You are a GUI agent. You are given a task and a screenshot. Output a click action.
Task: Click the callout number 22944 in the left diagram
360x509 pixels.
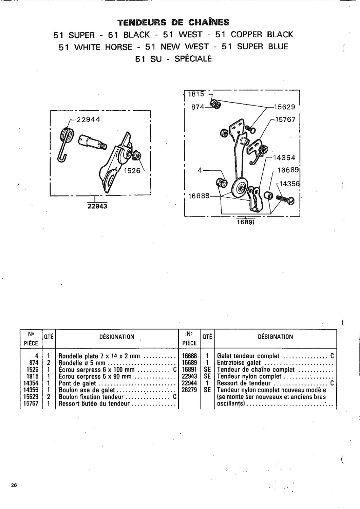pyautogui.click(x=89, y=119)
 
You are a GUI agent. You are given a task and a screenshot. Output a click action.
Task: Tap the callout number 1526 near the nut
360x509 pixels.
pyautogui.click(x=132, y=170)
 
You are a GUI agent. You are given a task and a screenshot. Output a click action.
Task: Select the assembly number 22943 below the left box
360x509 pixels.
pyautogui.click(x=97, y=206)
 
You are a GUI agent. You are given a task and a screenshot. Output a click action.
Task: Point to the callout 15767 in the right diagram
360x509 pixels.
pyautogui.click(x=285, y=119)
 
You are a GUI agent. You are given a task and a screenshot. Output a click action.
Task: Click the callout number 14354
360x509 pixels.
pyautogui.click(x=284, y=157)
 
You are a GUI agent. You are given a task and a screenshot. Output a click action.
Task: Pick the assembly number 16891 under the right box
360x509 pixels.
pyautogui.click(x=246, y=222)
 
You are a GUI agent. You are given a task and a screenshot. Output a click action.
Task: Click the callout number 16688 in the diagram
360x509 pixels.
pyautogui.click(x=198, y=196)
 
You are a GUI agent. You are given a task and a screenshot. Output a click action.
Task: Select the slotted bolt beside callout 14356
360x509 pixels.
pyautogui.click(x=285, y=199)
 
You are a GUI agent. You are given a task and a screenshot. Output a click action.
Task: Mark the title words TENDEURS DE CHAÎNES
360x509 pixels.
pyautogui.click(x=173, y=22)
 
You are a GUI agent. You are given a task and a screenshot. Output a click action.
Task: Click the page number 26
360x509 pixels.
pyautogui.click(x=14, y=485)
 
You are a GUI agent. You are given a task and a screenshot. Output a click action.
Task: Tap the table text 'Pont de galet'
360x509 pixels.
pyautogui.click(x=77, y=383)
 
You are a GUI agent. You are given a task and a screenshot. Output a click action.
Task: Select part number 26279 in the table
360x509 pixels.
pyautogui.click(x=189, y=390)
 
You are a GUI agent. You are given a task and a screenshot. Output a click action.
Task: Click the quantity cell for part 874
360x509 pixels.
pyautogui.click(x=49, y=363)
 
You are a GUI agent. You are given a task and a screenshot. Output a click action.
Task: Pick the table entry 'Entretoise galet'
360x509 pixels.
pyautogui.click(x=239, y=363)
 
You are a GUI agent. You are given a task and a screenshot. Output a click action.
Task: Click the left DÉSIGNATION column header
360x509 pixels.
pyautogui.click(x=117, y=337)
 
